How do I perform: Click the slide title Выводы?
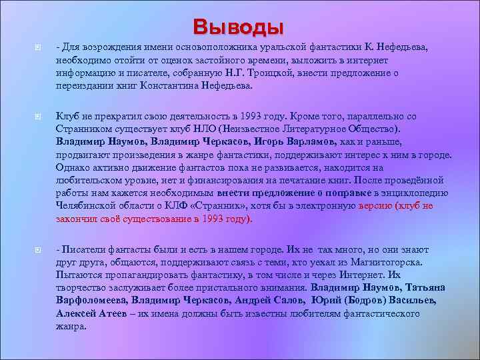coord(239,27)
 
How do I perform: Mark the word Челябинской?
coord(86,207)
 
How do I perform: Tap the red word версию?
coord(376,207)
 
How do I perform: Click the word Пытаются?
coord(77,275)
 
